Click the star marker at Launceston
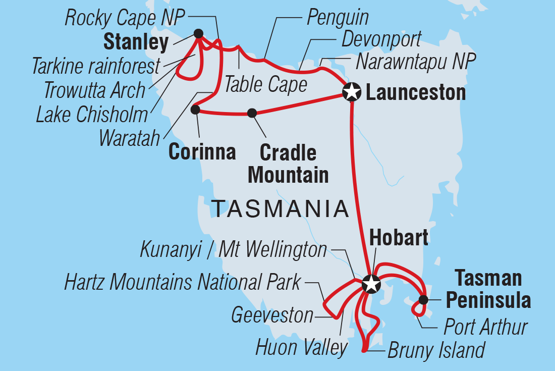click(x=352, y=92)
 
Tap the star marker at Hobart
click(x=371, y=284)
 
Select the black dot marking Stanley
click(x=198, y=34)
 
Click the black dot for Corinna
click(x=195, y=109)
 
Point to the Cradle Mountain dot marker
click(x=252, y=113)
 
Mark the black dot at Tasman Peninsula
click(x=423, y=300)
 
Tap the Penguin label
click(x=338, y=18)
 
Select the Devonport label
click(x=381, y=39)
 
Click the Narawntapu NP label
click(x=416, y=62)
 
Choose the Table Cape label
click(x=265, y=84)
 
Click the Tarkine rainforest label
click(x=96, y=65)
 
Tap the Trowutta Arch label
click(x=94, y=90)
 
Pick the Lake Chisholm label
click(x=92, y=114)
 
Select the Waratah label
click(x=130, y=137)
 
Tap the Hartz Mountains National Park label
click(x=182, y=283)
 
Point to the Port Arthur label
click(x=485, y=327)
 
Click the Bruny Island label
click(x=436, y=350)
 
